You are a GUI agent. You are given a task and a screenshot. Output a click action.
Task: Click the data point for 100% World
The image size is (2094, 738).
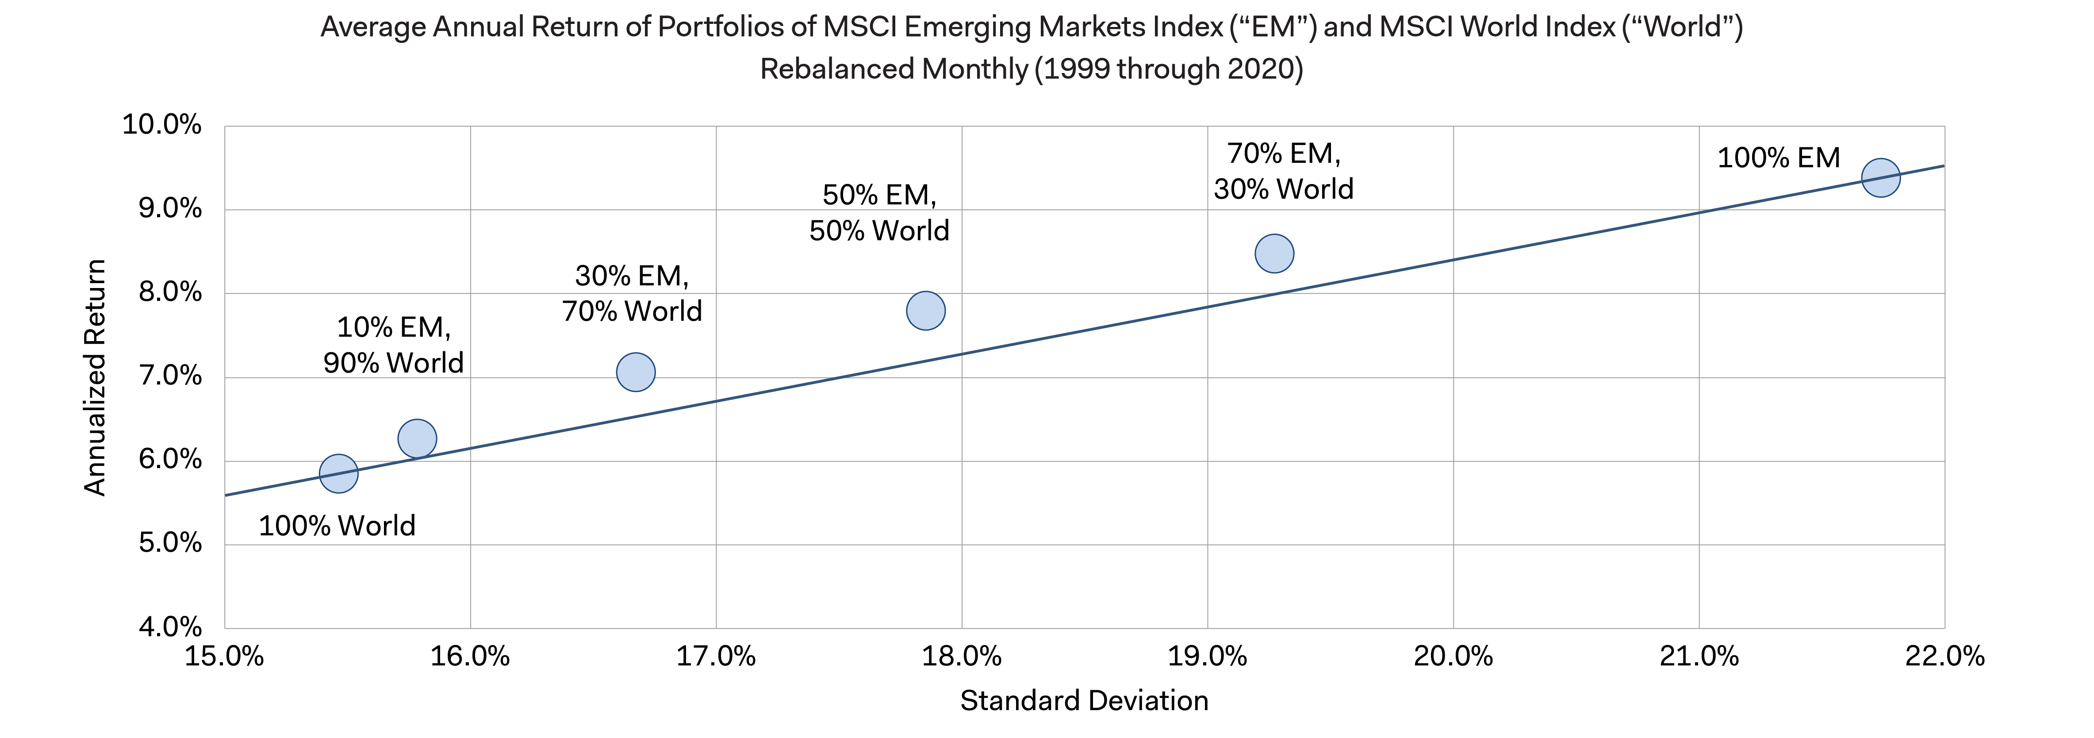click(x=338, y=473)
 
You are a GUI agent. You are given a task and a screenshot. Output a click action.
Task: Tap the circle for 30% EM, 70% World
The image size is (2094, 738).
click(x=636, y=372)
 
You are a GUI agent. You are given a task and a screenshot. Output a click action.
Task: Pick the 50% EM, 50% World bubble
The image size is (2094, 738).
click(x=925, y=311)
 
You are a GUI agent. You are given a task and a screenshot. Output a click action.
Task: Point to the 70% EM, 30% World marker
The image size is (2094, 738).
click(x=1274, y=253)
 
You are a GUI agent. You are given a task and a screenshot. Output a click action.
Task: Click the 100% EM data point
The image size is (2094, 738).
click(x=1880, y=177)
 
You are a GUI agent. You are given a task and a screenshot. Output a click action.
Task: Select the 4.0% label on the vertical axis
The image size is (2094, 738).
click(x=169, y=627)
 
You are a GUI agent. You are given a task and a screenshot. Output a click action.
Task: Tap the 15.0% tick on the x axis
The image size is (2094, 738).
click(x=224, y=656)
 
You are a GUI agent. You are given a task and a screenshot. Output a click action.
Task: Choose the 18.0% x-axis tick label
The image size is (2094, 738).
click(x=962, y=656)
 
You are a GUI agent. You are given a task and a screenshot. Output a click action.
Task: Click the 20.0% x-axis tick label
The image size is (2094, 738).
click(x=1454, y=656)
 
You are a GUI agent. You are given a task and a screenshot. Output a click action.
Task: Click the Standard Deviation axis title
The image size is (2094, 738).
click(x=1084, y=700)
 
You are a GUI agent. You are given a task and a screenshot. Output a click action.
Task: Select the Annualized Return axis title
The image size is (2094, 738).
click(x=95, y=377)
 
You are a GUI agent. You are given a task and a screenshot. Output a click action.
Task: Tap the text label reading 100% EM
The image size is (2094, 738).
click(x=1778, y=158)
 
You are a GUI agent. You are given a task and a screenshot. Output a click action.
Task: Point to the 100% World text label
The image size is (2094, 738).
click(x=337, y=526)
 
